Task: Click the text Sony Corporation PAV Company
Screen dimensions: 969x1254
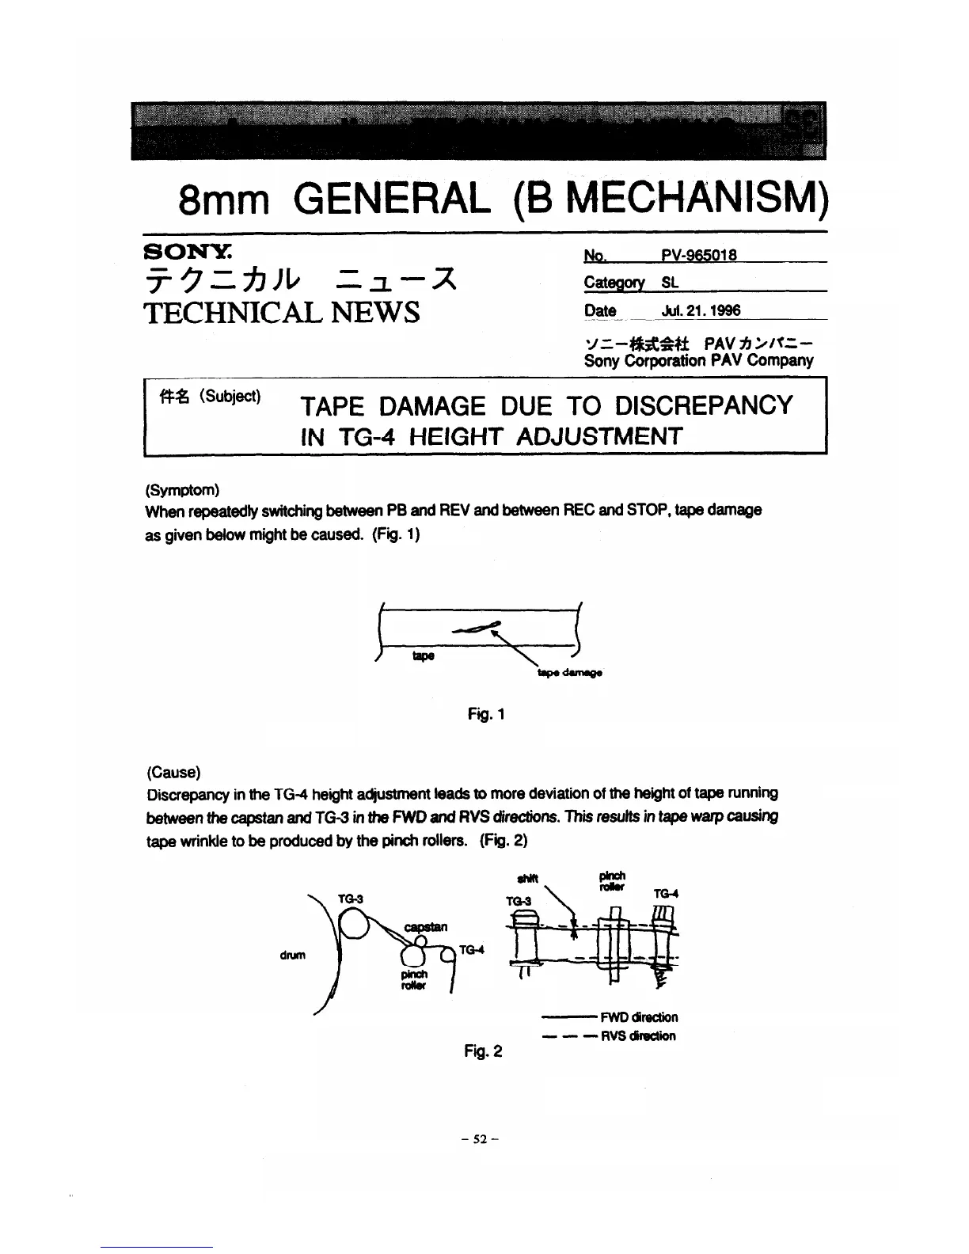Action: click(698, 361)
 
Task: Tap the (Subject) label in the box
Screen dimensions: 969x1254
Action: click(230, 396)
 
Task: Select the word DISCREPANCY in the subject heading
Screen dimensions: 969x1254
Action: click(703, 405)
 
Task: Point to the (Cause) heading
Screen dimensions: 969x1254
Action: click(173, 772)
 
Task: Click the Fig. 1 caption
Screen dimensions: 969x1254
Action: click(486, 715)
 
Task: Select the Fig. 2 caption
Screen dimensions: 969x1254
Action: click(483, 1051)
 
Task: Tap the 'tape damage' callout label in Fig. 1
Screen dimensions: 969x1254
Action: click(569, 673)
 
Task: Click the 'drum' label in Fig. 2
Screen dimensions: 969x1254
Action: click(292, 956)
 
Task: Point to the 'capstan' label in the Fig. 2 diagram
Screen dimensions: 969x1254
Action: click(426, 927)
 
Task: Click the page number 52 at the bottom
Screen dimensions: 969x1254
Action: click(483, 1139)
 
